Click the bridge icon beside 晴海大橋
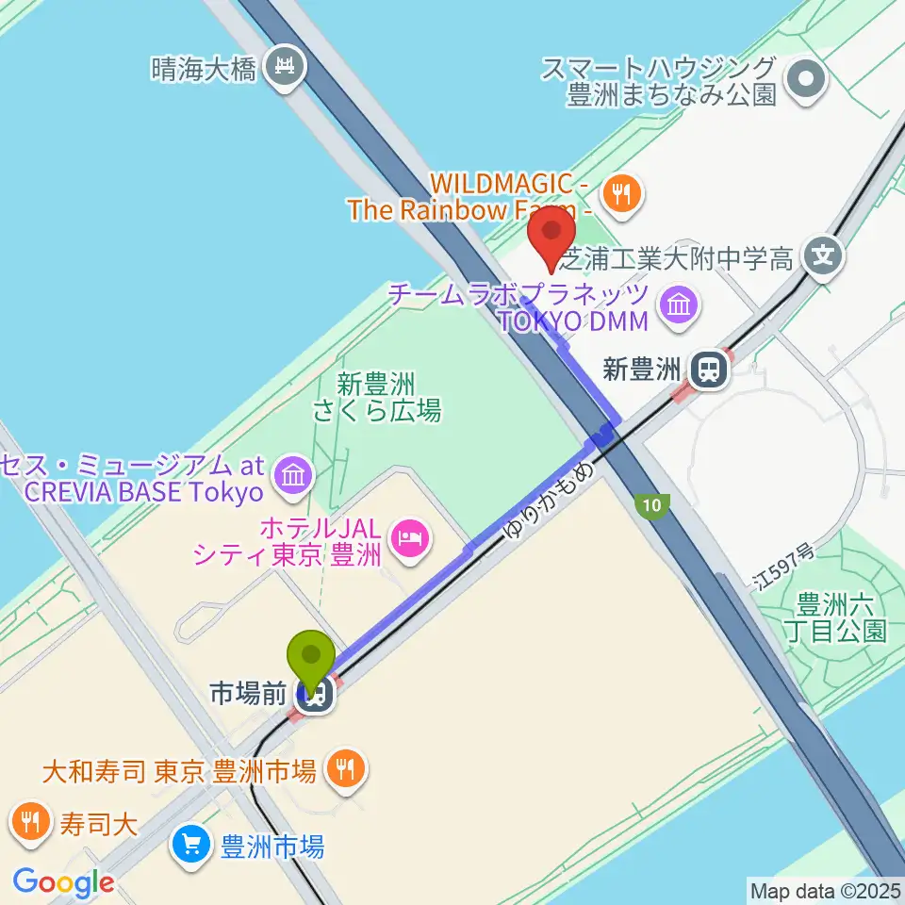pos(283,65)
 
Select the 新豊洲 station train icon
pos(708,369)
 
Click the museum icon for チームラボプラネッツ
pos(679,304)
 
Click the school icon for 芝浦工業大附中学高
pos(823,255)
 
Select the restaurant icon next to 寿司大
pos(31,820)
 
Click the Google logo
pos(64,882)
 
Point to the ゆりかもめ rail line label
pos(551,500)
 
